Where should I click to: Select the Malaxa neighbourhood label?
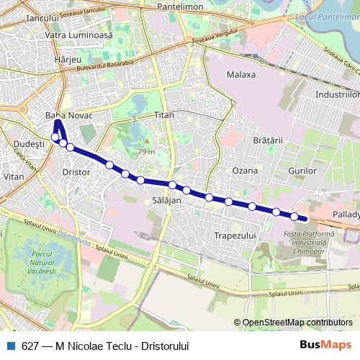click(241, 74)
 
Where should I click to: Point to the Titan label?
click(165, 115)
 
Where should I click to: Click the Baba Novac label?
click(69, 115)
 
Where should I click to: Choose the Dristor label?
click(76, 173)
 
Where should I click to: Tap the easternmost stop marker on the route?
click(294, 216)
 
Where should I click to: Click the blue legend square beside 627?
click(9, 346)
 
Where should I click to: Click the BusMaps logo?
click(330, 345)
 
